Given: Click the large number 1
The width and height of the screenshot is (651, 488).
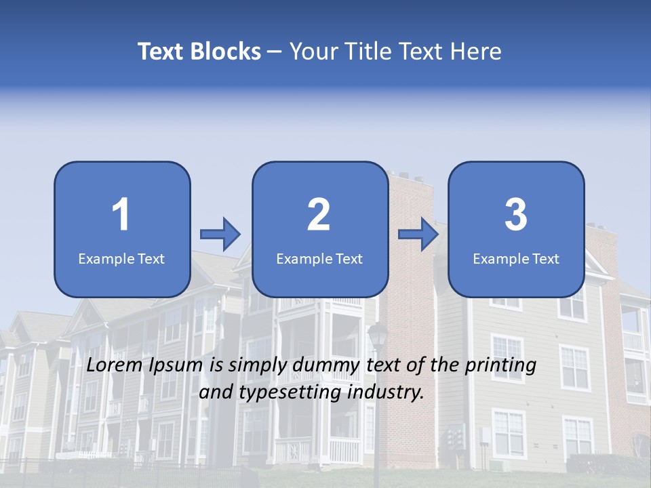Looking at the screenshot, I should coord(121,215).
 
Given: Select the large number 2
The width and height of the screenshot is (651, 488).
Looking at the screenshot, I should coord(319,215).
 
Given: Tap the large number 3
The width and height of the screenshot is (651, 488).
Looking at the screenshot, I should coord(516,215).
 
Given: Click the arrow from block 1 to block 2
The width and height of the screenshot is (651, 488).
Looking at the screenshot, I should coord(220,235).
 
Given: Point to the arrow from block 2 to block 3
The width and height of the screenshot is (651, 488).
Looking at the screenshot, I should coord(418,235).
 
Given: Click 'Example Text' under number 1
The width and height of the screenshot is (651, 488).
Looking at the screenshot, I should coord(121,258).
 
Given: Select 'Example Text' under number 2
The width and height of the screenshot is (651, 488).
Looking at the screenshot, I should coord(319,258).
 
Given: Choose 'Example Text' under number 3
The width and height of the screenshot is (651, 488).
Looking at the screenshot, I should coord(516,258).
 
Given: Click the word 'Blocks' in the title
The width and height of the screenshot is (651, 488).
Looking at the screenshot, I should coord(226,52).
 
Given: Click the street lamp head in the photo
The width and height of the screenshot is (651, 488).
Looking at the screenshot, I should coord(378,335).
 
